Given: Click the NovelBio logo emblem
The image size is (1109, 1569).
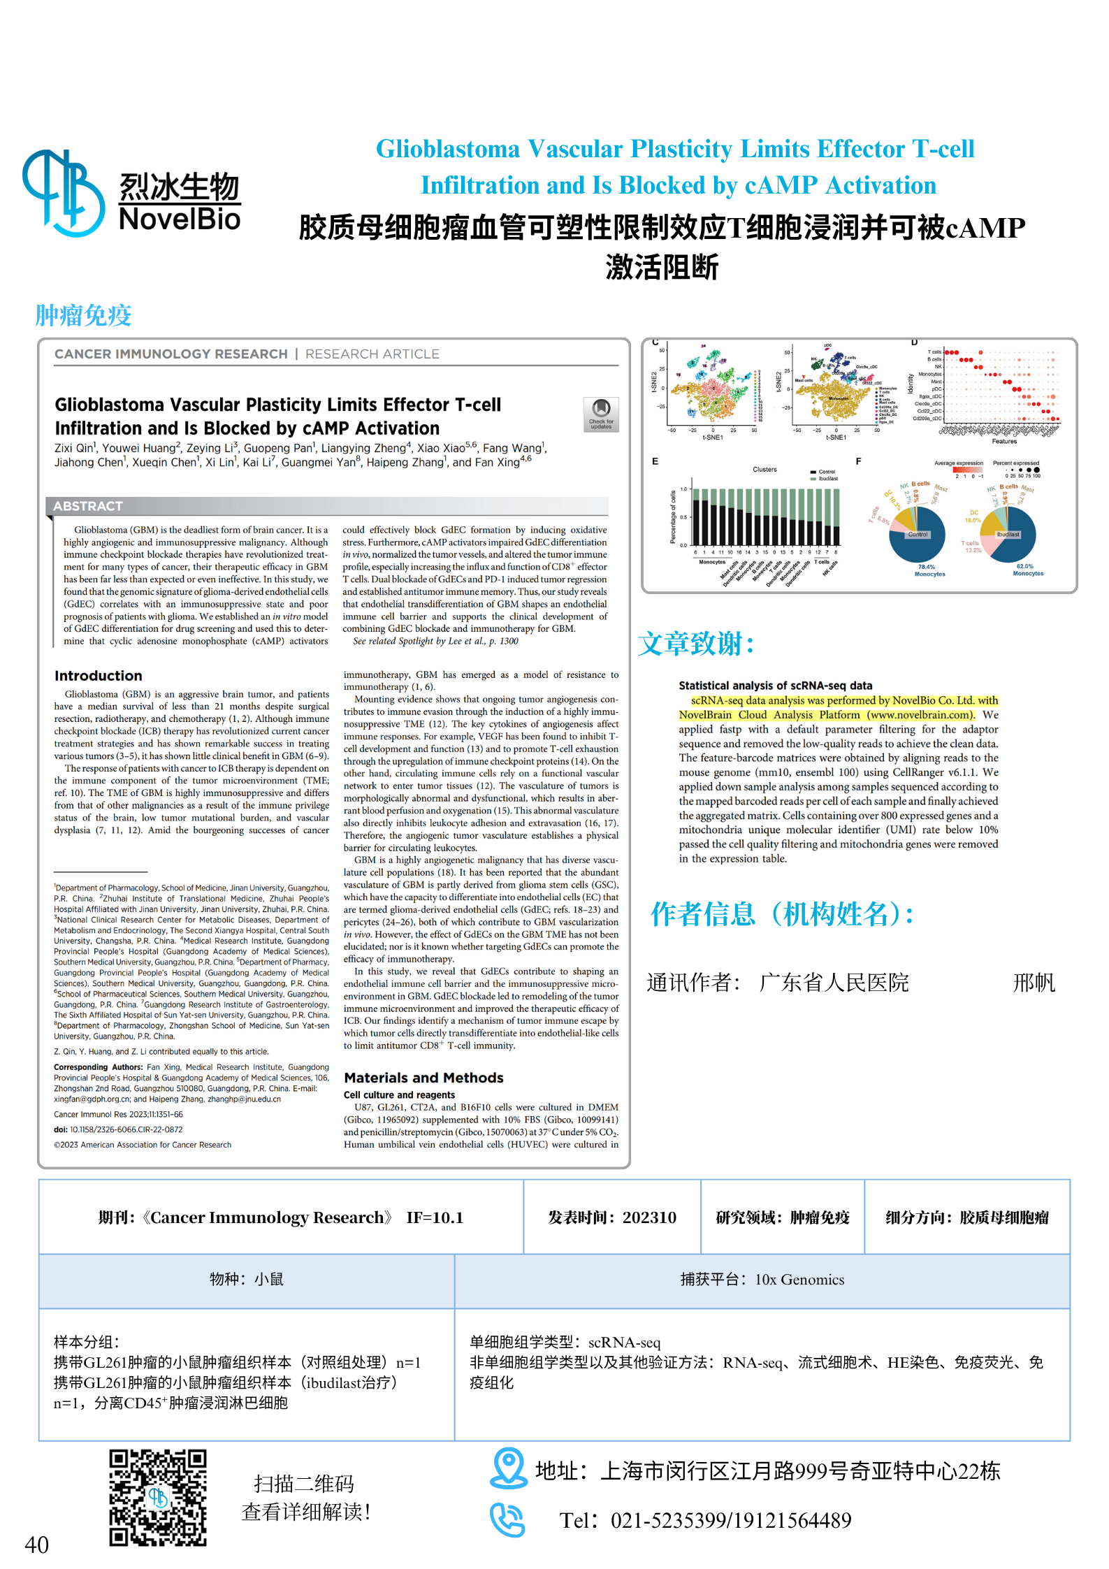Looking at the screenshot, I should click(x=63, y=193).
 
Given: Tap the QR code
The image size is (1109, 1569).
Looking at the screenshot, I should click(x=158, y=1498).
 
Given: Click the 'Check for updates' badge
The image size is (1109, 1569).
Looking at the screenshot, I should click(x=601, y=414).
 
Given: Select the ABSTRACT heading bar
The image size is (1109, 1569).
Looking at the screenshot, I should click(x=327, y=506).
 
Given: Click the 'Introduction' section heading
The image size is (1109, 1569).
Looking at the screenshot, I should click(x=99, y=676).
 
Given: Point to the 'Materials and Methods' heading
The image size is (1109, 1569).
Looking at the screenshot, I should click(x=423, y=1078).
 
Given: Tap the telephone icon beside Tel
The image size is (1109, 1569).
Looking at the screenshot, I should click(x=507, y=1519).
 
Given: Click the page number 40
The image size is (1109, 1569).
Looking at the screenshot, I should click(x=36, y=1544).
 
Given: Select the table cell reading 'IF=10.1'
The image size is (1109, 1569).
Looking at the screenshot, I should click(x=435, y=1217).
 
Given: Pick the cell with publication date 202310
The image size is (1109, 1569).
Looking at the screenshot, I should click(x=612, y=1217).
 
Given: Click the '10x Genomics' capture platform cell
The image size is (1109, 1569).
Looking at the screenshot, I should click(x=762, y=1280).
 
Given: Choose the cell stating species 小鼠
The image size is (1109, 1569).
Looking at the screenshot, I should click(x=247, y=1280).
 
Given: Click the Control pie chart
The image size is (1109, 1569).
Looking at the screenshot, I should click(x=917, y=535).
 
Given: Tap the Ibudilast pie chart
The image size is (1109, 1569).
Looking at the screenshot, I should click(x=1008, y=535).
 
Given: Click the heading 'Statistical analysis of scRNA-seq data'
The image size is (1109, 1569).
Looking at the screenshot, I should click(x=775, y=686).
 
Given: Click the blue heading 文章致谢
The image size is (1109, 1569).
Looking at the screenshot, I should click(x=696, y=644).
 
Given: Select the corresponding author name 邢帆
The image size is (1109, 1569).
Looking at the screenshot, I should click(x=1034, y=983).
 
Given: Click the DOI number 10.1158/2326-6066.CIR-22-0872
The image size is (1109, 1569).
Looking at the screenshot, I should click(x=126, y=1129).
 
